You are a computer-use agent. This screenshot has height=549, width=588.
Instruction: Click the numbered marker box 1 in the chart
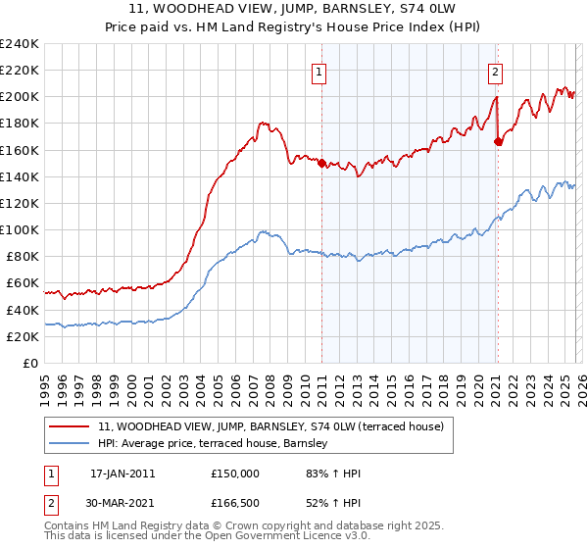point(319,71)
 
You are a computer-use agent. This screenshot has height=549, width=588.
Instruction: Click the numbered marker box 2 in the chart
point(496,71)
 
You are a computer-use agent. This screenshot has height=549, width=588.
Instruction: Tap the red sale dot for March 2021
point(498,141)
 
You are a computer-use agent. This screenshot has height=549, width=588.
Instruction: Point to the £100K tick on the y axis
point(20,229)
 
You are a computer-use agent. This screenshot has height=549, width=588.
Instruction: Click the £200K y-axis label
point(20,97)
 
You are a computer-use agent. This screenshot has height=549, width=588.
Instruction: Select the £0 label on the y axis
point(30,363)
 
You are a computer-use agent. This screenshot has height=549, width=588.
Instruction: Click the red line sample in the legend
point(70,427)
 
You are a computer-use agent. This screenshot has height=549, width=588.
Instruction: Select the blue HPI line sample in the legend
point(70,444)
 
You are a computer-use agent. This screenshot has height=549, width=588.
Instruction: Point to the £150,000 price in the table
point(235,474)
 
